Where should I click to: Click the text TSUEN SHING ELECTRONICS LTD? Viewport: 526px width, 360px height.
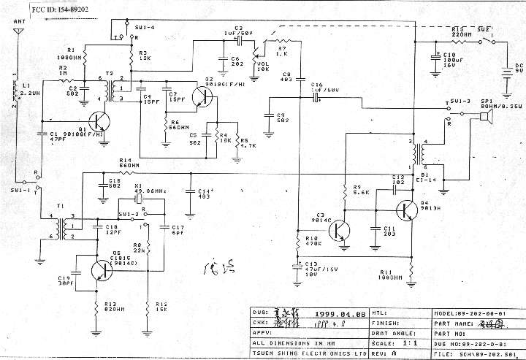pyautogui.click(x=308, y=351)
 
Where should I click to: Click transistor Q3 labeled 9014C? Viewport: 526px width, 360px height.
pyautogui.click(x=338, y=230)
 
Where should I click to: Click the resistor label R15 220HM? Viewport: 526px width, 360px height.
pyautogui.click(x=460, y=30)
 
